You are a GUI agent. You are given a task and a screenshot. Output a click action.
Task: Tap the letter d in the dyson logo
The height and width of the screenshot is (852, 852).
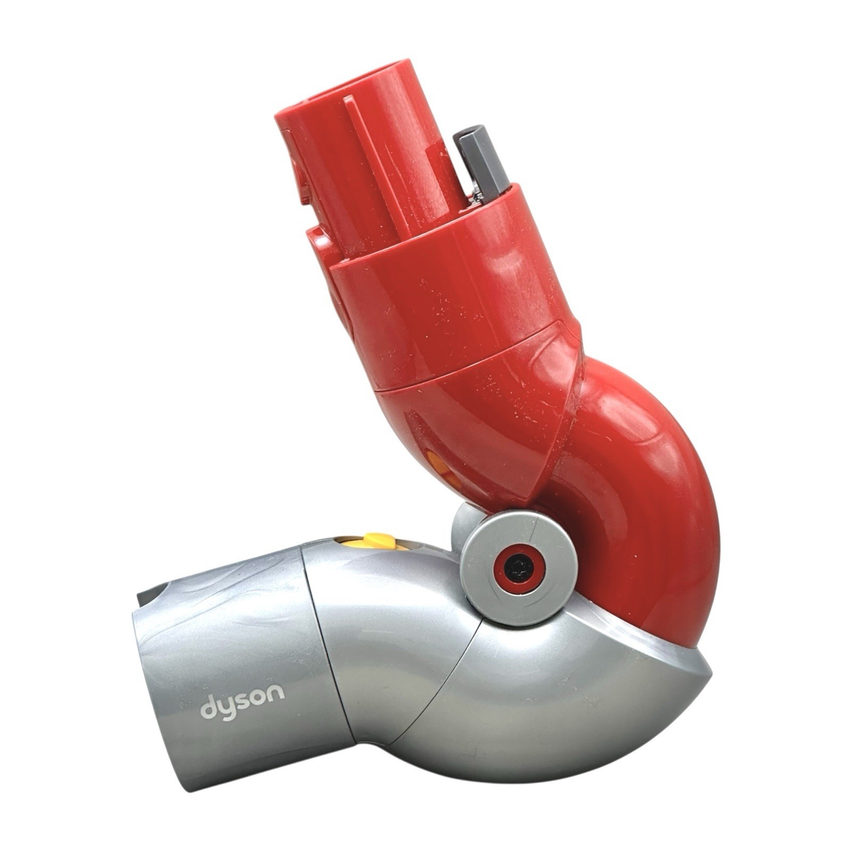208,707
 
